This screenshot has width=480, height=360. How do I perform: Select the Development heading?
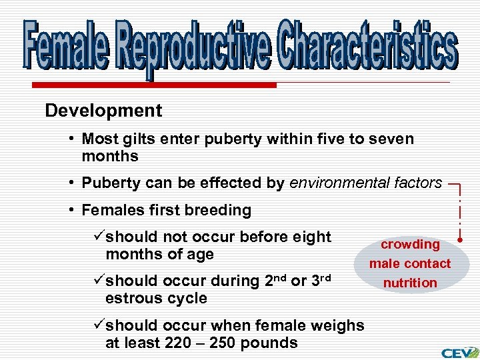tap(103, 111)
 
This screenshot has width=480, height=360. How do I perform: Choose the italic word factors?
tap(417, 183)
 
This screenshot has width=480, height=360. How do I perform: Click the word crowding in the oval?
tap(410, 245)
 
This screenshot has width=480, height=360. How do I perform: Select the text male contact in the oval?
tap(410, 263)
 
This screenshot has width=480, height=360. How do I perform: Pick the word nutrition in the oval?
tap(410, 283)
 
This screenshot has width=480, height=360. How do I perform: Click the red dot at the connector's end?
tap(460, 238)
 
